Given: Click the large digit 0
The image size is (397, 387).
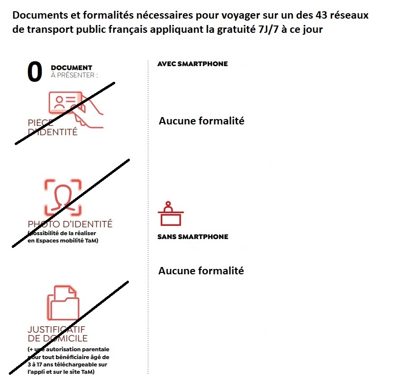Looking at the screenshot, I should (x=34, y=72).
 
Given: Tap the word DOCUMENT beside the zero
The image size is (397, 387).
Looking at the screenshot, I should (x=71, y=68).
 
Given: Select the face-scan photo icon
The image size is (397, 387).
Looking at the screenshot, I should (x=63, y=197).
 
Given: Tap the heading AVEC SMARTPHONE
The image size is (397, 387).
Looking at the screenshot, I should (x=192, y=64).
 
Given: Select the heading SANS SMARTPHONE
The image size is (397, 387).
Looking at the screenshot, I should (x=193, y=237).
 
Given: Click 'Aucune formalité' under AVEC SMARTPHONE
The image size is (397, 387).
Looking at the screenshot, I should (x=201, y=121).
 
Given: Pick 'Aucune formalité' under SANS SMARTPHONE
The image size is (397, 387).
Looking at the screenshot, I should (x=201, y=270).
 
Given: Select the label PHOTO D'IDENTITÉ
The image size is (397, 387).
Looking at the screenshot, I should (x=70, y=224).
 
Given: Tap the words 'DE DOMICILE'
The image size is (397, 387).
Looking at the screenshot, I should (x=58, y=338).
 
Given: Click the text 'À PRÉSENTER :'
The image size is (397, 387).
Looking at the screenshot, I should (x=74, y=75).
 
